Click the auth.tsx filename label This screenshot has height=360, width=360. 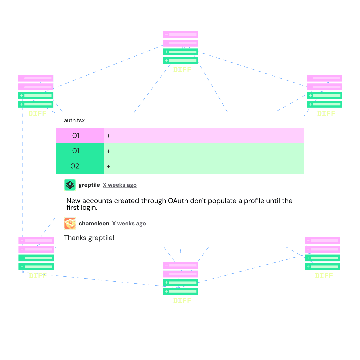click(x=74, y=121)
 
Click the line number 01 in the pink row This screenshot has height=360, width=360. click(x=76, y=136)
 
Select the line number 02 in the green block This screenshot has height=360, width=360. click(x=75, y=166)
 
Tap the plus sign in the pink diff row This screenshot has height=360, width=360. click(x=108, y=136)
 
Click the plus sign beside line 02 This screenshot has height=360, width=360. click(x=108, y=166)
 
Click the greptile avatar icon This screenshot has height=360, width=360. click(x=70, y=185)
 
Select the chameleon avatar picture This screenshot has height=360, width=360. click(x=70, y=223)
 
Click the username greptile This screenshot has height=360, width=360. click(x=89, y=185)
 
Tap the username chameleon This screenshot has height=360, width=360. click(x=94, y=223)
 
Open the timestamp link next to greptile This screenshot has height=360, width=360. click(x=120, y=185)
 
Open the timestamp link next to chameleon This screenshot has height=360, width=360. click(x=129, y=224)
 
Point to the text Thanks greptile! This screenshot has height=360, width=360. click(x=89, y=238)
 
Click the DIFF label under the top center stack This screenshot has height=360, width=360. click(x=182, y=70)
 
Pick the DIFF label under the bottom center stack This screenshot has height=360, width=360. click(x=182, y=301)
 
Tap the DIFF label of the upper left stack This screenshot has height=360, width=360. click(x=37, y=113)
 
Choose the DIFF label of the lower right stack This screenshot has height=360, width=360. click(x=324, y=276)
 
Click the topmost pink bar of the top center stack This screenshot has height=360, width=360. click(x=180, y=34)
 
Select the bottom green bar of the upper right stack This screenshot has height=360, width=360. click(x=324, y=104)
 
